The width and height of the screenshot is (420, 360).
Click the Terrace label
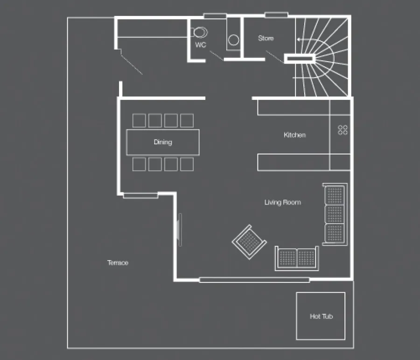(118, 263)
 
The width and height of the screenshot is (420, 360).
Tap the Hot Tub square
(321, 316)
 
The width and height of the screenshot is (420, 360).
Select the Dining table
(163, 142)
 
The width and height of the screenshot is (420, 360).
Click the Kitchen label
(294, 135)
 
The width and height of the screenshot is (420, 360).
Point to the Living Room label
(283, 202)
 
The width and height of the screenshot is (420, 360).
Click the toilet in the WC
(199, 33)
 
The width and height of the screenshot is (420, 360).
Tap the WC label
(201, 45)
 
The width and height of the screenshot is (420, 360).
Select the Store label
(266, 38)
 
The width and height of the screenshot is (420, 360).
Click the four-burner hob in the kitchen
(343, 130)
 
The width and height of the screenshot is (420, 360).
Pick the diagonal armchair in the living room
(249, 242)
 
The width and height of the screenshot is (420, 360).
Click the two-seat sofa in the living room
(297, 258)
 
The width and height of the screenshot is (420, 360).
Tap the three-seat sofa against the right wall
(335, 214)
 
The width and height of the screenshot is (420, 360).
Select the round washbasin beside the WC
(234, 40)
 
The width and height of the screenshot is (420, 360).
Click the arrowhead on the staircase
(298, 40)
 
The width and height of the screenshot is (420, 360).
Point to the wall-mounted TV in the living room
(180, 230)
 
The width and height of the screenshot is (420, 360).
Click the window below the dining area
(140, 196)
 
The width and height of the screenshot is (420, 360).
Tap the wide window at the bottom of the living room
(254, 280)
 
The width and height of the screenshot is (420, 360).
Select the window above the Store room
(276, 15)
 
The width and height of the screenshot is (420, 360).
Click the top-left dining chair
(139, 120)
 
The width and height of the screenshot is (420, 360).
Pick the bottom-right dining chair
(187, 164)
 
